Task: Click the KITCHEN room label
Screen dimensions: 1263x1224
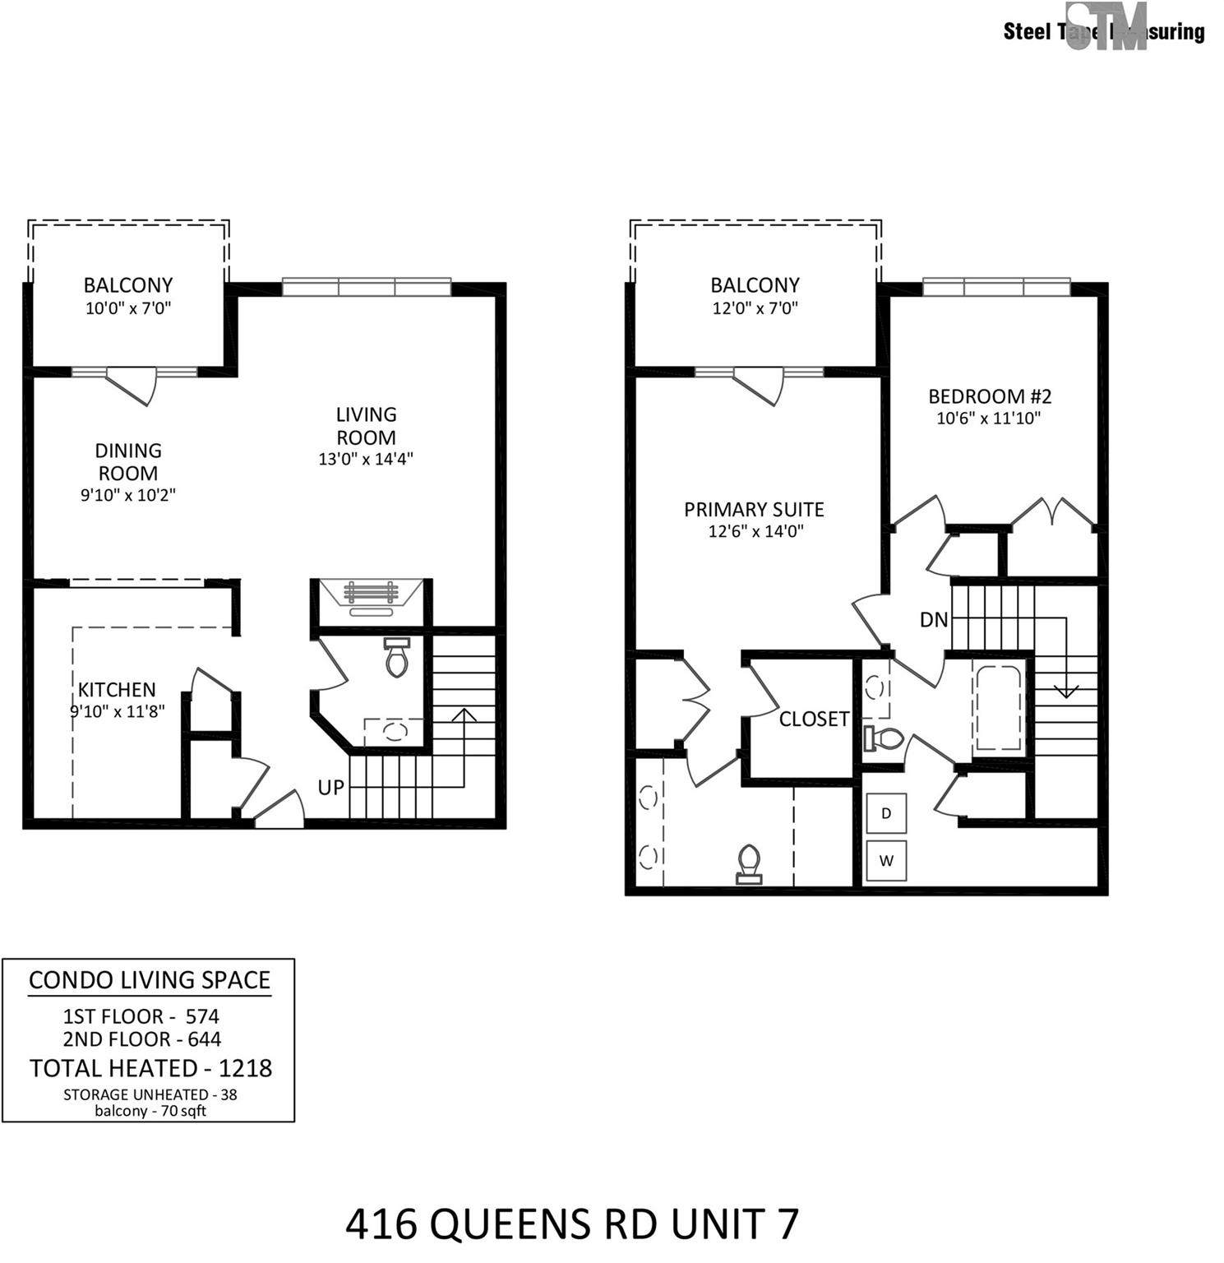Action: tap(117, 690)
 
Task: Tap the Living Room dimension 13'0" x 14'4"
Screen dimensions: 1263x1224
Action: tap(366, 459)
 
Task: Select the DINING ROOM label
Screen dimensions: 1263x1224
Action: tap(128, 462)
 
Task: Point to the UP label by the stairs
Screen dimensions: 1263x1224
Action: tap(330, 788)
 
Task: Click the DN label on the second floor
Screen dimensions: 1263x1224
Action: tap(934, 620)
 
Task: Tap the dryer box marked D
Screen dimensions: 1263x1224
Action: tap(886, 814)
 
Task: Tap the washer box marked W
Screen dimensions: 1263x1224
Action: tap(886, 861)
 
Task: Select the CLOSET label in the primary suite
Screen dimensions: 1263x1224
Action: tap(814, 719)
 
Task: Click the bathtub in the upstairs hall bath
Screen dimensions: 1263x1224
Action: tap(998, 707)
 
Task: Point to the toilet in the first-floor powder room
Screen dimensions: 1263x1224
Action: tap(397, 657)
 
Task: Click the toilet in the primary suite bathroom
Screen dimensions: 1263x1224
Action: tap(749, 863)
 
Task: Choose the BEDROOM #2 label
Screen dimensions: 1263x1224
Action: tap(990, 396)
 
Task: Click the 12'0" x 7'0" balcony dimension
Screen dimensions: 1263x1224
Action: tap(755, 308)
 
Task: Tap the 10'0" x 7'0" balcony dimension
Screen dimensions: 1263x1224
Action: tap(128, 308)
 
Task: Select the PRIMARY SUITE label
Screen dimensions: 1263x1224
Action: tap(754, 510)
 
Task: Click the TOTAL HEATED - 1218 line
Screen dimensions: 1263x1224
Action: tap(150, 1068)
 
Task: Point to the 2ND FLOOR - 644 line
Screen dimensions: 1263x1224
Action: tap(142, 1039)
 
